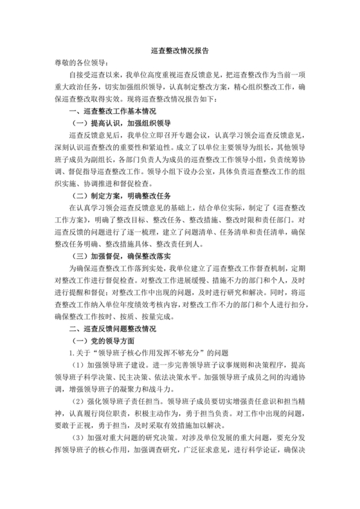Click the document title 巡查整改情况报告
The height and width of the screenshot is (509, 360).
(179, 49)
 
